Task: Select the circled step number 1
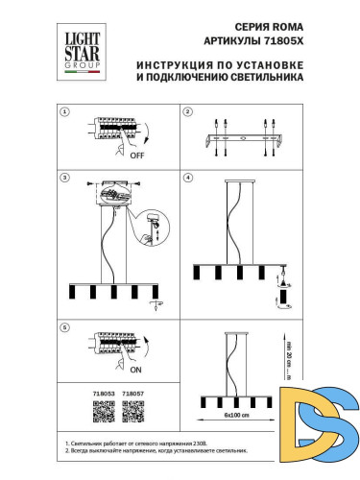64,112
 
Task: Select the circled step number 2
188,112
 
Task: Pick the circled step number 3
64,178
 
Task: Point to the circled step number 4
188,178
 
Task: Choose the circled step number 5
64,327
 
